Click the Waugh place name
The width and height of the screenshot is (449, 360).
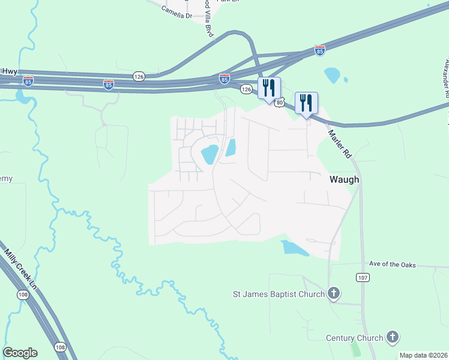(344, 179)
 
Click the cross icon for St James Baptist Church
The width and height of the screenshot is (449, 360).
(335, 294)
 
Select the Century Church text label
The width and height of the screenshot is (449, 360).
(354, 338)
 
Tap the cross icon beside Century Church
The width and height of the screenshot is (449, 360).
(393, 338)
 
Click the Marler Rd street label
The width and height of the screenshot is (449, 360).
(339, 144)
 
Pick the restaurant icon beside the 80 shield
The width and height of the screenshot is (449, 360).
(269, 88)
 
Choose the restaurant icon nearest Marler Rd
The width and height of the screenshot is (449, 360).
(306, 102)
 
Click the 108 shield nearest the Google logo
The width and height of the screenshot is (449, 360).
(60, 347)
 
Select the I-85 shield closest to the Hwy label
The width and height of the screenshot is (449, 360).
(28, 80)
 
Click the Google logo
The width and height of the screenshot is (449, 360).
(20, 353)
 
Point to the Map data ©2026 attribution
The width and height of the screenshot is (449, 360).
(423, 355)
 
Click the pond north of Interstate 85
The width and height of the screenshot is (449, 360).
(331, 75)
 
